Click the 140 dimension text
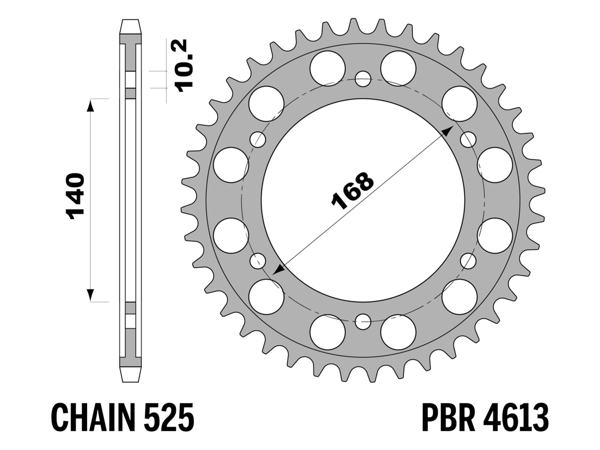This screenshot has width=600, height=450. coord(75,196)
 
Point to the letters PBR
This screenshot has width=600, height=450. coord(449,417)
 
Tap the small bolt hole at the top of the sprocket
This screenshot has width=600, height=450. coord(363,79)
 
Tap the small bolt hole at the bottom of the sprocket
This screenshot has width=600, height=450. coord(363,322)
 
